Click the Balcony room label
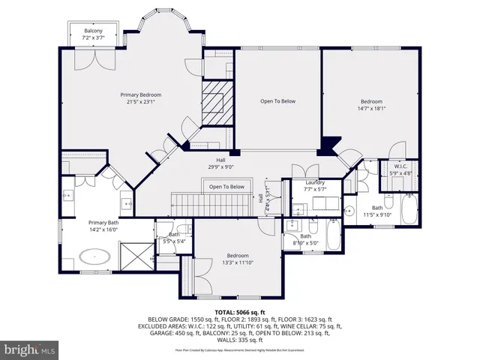[x=94, y=34]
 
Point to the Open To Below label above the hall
[x=277, y=101]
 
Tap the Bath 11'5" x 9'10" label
[x=376, y=211]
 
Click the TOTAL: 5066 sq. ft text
[x=240, y=311]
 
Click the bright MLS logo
[x=30, y=350]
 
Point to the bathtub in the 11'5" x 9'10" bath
[x=409, y=210]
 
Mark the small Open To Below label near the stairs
[x=226, y=187]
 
